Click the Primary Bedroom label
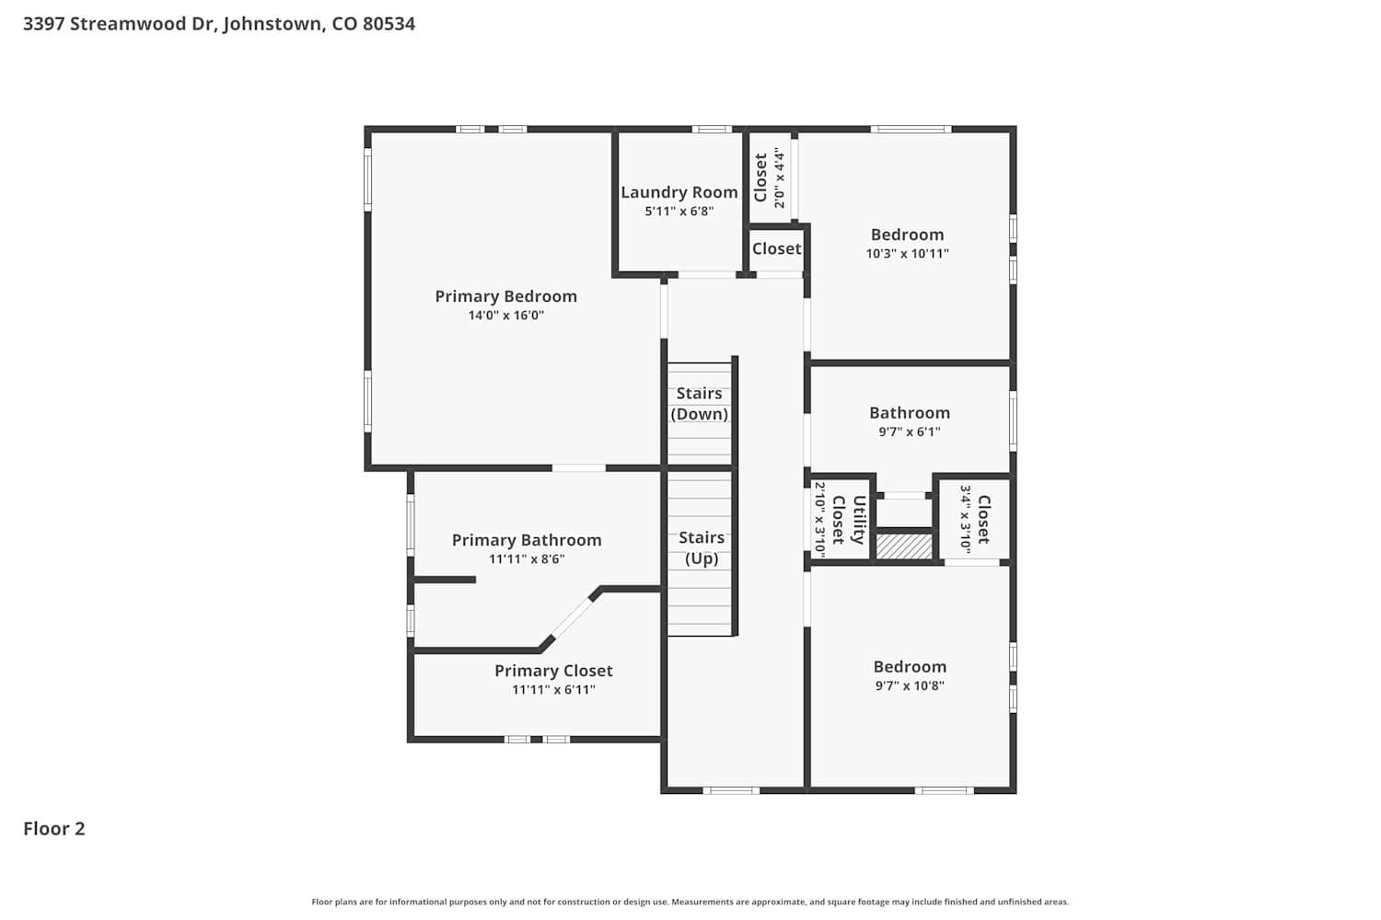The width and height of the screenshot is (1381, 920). pos(506,296)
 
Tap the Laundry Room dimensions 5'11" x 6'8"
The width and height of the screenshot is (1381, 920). pos(679,212)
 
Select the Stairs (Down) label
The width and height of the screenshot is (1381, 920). pos(699,404)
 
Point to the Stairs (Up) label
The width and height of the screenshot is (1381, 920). pos(702,547)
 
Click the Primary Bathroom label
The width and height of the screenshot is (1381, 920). pos(527,540)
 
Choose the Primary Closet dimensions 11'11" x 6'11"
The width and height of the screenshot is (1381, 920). pos(553,689)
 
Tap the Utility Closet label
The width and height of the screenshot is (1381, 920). pos(848,520)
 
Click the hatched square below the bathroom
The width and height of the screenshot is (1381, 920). pos(904,546)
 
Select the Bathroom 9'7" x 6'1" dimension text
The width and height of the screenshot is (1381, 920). pos(910,432)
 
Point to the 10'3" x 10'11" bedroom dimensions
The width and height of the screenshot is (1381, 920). pos(907,253)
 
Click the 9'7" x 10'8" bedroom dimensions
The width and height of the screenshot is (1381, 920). pos(910,685)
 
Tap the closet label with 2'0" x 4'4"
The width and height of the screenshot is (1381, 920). pos(760,178)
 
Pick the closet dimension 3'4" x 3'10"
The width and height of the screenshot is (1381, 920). pos(966,519)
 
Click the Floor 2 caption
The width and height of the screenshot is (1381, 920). pos(54,829)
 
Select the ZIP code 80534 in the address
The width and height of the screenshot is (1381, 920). pos(389,24)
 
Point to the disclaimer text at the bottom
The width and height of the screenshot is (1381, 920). pos(690,902)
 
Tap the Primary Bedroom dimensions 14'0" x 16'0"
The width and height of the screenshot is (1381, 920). pos(505,316)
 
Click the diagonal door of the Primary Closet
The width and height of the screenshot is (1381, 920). pos(571,618)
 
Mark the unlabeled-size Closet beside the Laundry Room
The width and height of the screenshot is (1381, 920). pos(776,249)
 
